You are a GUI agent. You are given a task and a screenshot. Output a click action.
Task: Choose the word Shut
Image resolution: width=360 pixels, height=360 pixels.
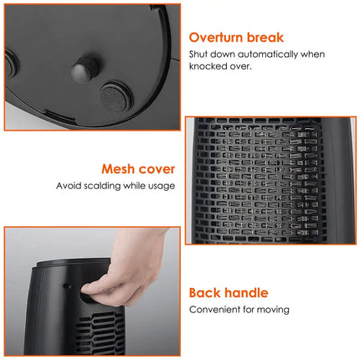point(199,54)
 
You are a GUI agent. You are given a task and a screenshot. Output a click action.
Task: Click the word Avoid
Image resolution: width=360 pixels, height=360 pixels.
point(70,185)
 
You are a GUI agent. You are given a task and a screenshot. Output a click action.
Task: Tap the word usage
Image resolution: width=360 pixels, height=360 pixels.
point(161,185)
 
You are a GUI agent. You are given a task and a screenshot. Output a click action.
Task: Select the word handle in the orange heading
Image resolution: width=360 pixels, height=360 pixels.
point(248,293)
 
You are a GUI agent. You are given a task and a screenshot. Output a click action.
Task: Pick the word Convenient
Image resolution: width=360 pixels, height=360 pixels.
point(214,309)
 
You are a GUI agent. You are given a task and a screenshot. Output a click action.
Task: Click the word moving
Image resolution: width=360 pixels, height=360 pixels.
point(273,309)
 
